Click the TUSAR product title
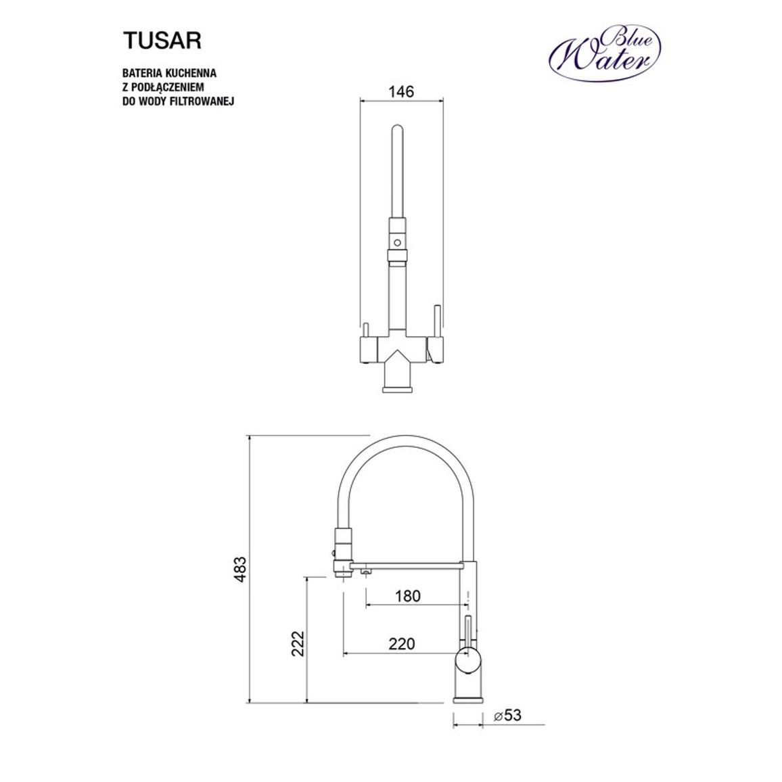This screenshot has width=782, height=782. coord(162,41)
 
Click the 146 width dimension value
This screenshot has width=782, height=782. coord(401,92)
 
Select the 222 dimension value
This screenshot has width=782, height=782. coord(297,643)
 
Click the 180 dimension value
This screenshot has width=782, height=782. coord(407,596)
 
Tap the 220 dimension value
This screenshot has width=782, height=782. coord(401,644)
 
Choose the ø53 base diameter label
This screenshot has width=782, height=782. coord(507,715)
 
